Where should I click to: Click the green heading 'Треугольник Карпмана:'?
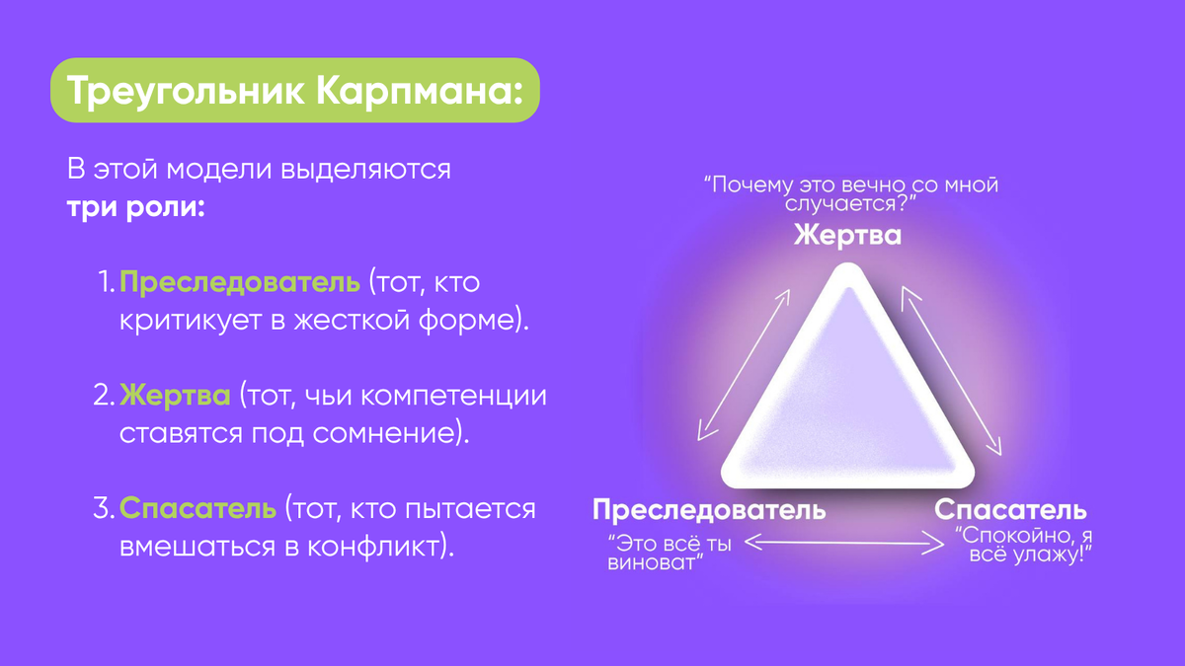point(294,90)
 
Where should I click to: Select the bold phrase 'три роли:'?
point(135,209)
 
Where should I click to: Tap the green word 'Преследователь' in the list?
point(240,284)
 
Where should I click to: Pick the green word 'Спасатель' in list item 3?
point(197,509)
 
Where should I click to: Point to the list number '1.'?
point(107,284)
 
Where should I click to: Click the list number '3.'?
point(105,509)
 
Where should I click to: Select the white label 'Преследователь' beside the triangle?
point(708,510)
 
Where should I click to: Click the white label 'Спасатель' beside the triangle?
point(1010,510)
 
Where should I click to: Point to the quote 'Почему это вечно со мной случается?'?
point(850,193)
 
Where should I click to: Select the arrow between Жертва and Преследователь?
point(745,364)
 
